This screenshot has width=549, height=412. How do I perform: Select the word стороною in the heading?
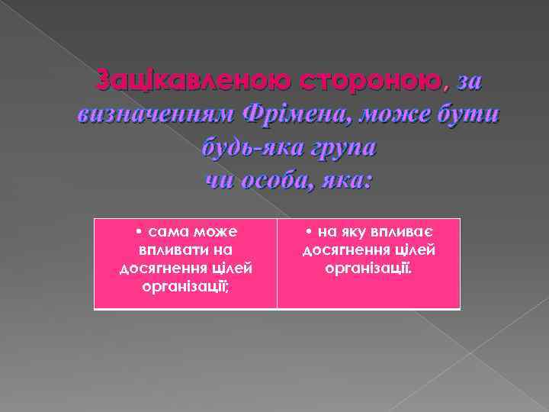click(x=371, y=79)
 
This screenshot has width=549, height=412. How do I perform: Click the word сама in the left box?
click(x=169, y=231)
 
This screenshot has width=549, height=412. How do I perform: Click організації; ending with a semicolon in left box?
click(x=186, y=287)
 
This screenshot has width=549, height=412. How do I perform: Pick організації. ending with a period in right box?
click(x=369, y=269)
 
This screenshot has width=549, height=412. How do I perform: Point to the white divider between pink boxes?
click(x=277, y=264)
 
